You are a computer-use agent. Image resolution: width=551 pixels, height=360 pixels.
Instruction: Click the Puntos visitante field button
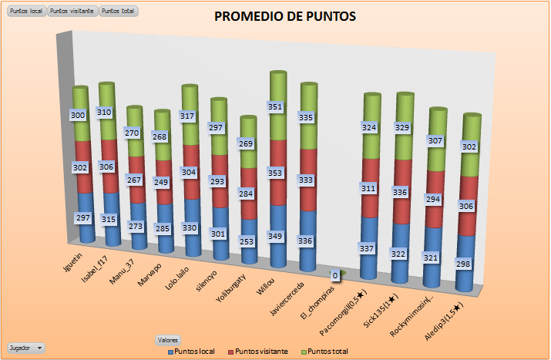[x=72, y=12]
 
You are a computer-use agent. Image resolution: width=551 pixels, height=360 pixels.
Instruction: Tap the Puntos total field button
[x=119, y=12]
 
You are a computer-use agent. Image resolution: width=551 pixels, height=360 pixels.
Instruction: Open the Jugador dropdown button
[x=26, y=348]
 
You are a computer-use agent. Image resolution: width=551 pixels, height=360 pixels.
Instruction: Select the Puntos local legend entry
[x=193, y=352]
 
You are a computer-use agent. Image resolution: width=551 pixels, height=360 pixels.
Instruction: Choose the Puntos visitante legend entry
[x=260, y=352]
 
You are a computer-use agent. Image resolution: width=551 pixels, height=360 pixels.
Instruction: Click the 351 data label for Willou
[x=277, y=107]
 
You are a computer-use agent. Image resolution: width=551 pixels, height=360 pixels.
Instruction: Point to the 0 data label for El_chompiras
[x=335, y=275]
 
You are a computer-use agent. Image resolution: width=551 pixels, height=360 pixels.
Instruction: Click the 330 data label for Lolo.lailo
[x=190, y=229]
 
